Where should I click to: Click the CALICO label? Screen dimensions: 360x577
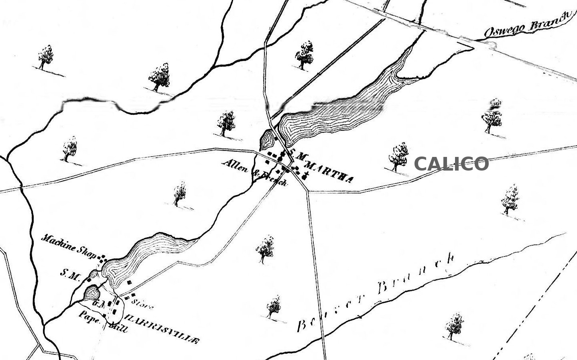pos(451,164)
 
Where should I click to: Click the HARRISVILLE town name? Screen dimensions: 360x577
pos(163,329)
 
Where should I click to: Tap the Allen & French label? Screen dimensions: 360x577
pos(255,173)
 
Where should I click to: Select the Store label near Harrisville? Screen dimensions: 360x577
pos(142,304)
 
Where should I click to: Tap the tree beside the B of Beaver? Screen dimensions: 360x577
pos(274,307)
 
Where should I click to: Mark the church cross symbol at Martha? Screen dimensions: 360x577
pos(307,175)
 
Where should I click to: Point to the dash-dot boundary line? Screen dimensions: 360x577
pos(534,305)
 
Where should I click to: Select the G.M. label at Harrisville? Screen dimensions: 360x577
pos(98,304)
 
